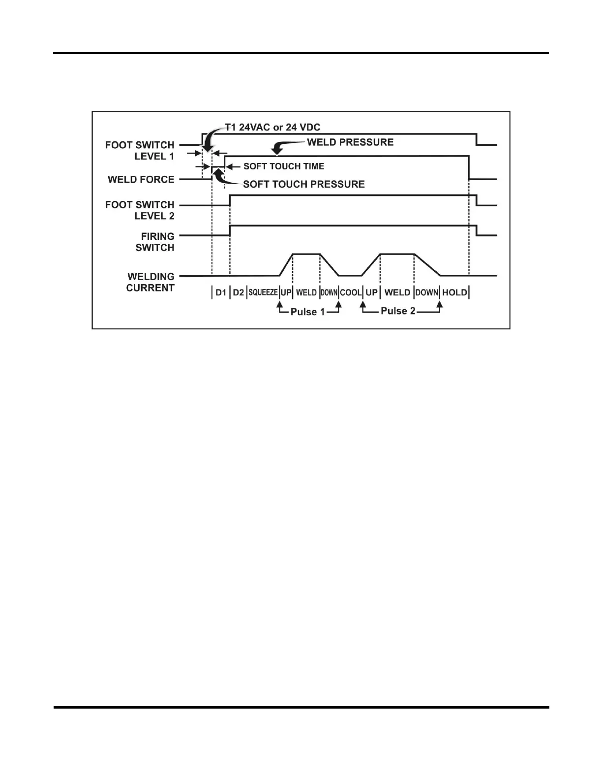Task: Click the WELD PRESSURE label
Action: pyautogui.click(x=350, y=142)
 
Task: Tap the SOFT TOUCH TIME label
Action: pyautogui.click(x=284, y=166)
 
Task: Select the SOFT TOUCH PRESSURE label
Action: pyautogui.click(x=304, y=184)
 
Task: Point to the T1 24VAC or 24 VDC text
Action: pyautogui.click(x=272, y=127)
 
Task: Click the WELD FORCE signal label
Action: pyautogui.click(x=141, y=180)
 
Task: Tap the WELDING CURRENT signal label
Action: pyautogui.click(x=150, y=282)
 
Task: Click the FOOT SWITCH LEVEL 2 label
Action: pyautogui.click(x=140, y=210)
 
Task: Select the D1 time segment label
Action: pyautogui.click(x=221, y=292)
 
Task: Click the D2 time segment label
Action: pyautogui.click(x=238, y=292)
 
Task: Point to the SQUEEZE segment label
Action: pyautogui.click(x=263, y=292)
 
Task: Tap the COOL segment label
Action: pyautogui.click(x=351, y=292)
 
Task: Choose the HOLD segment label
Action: pyautogui.click(x=454, y=292)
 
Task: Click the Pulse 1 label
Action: pyautogui.click(x=307, y=312)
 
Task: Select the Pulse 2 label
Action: pyautogui.click(x=398, y=311)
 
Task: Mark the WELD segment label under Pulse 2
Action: pyautogui.click(x=397, y=292)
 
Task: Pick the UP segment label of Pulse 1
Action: pyautogui.click(x=286, y=292)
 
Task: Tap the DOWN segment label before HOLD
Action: pyautogui.click(x=427, y=292)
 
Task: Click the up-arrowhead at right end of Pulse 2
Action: pyautogui.click(x=440, y=306)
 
